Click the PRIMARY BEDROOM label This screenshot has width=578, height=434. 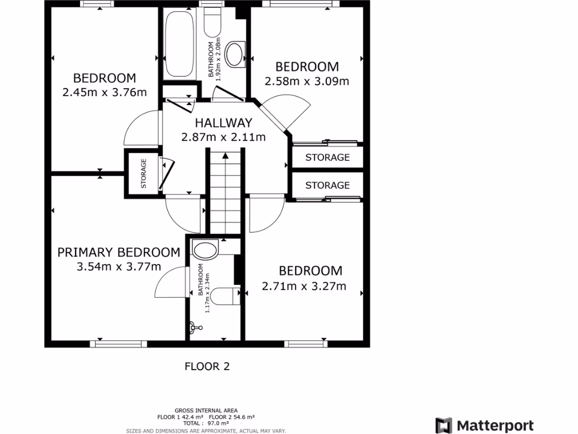[x=119, y=253]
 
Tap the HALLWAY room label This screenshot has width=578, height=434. [x=223, y=123]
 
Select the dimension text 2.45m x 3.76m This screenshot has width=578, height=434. [x=104, y=92]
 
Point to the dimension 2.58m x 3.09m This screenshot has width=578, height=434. [x=306, y=81]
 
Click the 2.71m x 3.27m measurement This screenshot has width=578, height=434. [x=304, y=286]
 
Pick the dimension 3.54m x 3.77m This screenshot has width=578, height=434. [x=119, y=267]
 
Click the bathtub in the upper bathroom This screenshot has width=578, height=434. [x=179, y=44]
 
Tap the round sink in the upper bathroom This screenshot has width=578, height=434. [x=234, y=54]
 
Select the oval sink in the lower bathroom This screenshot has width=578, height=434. [x=204, y=249]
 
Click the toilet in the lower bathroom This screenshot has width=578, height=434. [x=225, y=295]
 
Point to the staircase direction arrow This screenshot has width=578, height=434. [x=225, y=156]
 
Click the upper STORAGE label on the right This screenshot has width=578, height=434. [x=327, y=158]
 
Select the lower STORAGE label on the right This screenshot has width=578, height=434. [x=327, y=185]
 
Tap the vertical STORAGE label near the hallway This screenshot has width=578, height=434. [x=143, y=173]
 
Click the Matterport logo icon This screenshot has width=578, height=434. [x=444, y=426]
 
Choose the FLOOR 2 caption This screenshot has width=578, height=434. [x=207, y=367]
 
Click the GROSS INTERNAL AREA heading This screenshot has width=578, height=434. [x=206, y=410]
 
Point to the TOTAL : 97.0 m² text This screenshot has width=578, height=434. [x=206, y=423]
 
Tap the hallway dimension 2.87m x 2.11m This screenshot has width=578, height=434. [x=223, y=137]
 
